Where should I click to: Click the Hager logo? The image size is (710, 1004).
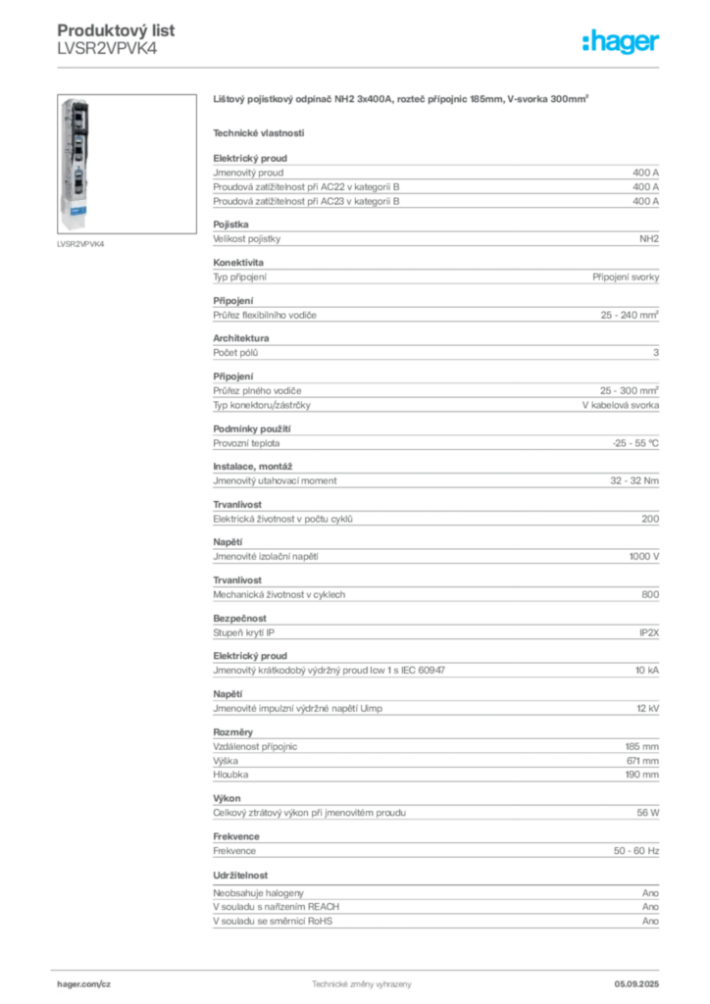(620, 41)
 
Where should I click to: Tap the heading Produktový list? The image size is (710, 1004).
(116, 30)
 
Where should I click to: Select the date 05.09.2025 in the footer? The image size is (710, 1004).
(636, 984)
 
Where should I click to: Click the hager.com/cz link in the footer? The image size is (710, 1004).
(84, 984)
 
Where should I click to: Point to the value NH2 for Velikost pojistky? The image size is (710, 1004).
(649, 239)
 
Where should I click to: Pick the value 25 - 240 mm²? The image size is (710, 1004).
(630, 315)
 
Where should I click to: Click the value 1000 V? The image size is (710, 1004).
(644, 557)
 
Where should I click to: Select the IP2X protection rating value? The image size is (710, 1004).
(649, 632)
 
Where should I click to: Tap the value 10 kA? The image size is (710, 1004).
(647, 671)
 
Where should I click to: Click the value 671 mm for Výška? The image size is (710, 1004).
(642, 761)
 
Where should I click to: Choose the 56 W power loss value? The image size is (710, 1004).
(648, 813)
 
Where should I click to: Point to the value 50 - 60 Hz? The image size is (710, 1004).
(636, 851)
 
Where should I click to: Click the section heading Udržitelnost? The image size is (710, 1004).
(240, 876)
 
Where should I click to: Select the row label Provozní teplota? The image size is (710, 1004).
(246, 443)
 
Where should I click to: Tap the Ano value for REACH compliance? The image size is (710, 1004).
(650, 907)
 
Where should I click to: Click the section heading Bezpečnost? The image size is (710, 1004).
(239, 619)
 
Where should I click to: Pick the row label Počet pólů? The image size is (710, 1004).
(235, 353)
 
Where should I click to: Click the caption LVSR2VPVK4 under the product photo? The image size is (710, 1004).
(80, 244)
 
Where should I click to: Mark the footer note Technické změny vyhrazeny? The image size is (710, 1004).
(362, 984)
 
